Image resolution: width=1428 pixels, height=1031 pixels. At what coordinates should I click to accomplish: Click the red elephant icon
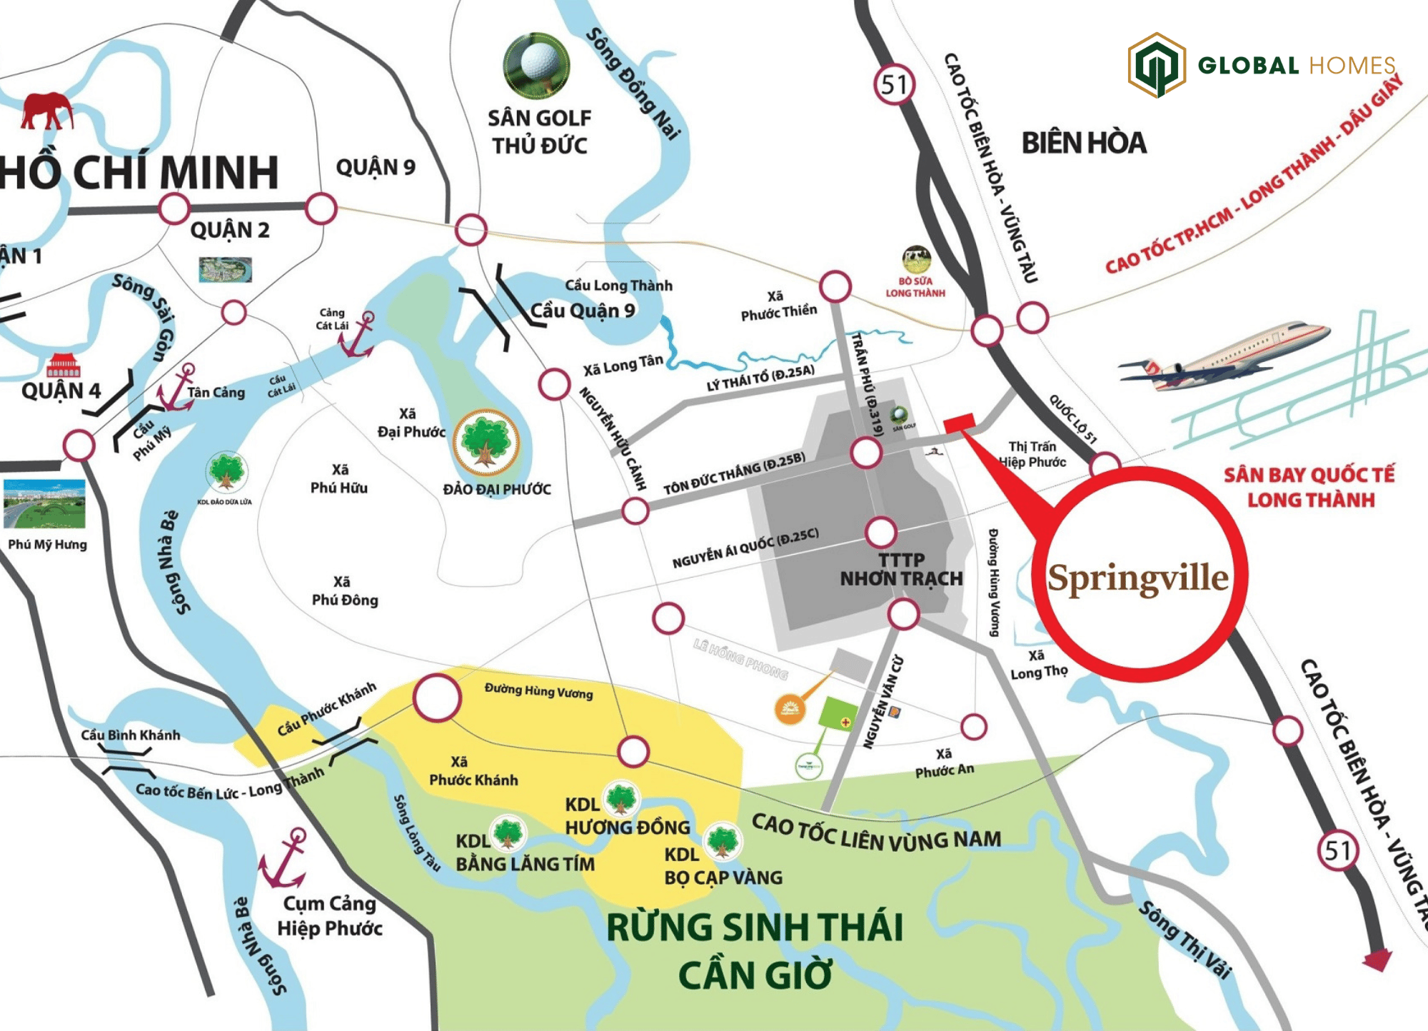47,111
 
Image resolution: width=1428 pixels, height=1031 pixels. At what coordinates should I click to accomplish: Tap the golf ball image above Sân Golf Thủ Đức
537,64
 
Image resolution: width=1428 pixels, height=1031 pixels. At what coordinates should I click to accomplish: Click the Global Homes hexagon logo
1157,65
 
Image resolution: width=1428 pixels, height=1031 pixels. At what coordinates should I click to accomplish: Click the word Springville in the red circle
1138,578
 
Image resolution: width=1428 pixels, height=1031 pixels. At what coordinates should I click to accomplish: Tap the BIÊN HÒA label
1083,143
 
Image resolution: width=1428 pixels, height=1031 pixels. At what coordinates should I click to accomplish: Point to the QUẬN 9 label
376,168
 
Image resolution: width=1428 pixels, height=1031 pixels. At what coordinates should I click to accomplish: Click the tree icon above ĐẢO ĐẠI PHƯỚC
486,442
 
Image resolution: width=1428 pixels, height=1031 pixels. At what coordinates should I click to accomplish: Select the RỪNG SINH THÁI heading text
755,927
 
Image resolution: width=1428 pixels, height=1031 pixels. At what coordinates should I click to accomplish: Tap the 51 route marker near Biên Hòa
894,85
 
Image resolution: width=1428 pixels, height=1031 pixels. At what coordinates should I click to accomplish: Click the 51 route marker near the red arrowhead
1338,850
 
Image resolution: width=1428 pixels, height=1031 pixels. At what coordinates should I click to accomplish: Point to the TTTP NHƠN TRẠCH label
901,570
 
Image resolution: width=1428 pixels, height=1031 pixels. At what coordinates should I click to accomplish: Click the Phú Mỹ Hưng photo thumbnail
44,503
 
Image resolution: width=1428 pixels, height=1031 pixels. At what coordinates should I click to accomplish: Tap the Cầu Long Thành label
618,286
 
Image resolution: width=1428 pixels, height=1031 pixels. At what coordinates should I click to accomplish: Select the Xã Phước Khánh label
473,771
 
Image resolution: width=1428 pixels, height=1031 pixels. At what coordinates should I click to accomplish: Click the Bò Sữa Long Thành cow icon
916,259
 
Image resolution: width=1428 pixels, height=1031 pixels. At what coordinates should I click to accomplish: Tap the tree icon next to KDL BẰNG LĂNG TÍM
508,833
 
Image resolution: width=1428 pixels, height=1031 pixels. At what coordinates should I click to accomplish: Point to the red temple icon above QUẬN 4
63,365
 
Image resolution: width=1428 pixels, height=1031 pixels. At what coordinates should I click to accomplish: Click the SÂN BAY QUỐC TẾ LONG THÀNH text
1309,487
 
